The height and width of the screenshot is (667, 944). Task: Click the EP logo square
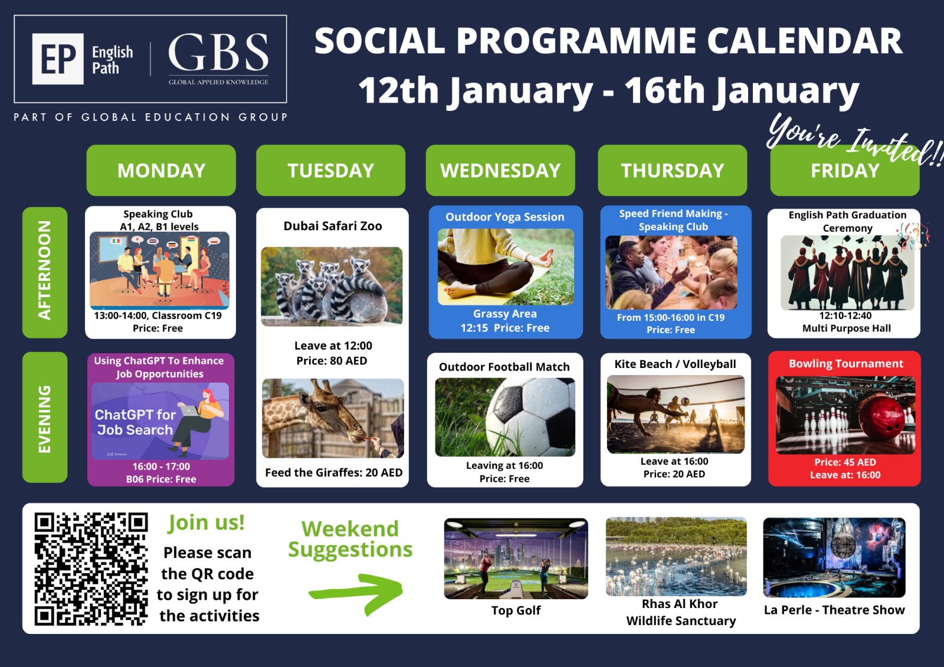pos(58,59)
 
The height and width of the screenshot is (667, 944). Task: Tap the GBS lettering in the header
pos(218,52)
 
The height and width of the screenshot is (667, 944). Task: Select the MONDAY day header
pos(161,170)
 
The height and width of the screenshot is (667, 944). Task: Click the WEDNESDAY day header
pos(500,170)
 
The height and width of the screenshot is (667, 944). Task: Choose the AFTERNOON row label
pos(45,272)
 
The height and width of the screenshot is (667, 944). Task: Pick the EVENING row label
pos(45,417)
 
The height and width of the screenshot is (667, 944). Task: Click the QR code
pos(91,569)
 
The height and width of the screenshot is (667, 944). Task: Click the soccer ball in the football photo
pos(532,417)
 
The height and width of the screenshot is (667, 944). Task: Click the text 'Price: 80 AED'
pos(332,361)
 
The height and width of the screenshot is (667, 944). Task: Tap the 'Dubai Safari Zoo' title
pos(333,226)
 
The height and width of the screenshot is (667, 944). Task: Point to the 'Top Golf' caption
pos(516,610)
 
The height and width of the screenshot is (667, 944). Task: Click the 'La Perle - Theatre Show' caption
pos(834,610)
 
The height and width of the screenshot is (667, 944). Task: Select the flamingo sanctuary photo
pos(676,557)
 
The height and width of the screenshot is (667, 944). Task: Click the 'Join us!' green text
pos(206,523)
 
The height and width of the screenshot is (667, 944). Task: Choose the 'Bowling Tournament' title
pos(846,364)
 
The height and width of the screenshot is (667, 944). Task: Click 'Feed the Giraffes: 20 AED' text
pos(334,473)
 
